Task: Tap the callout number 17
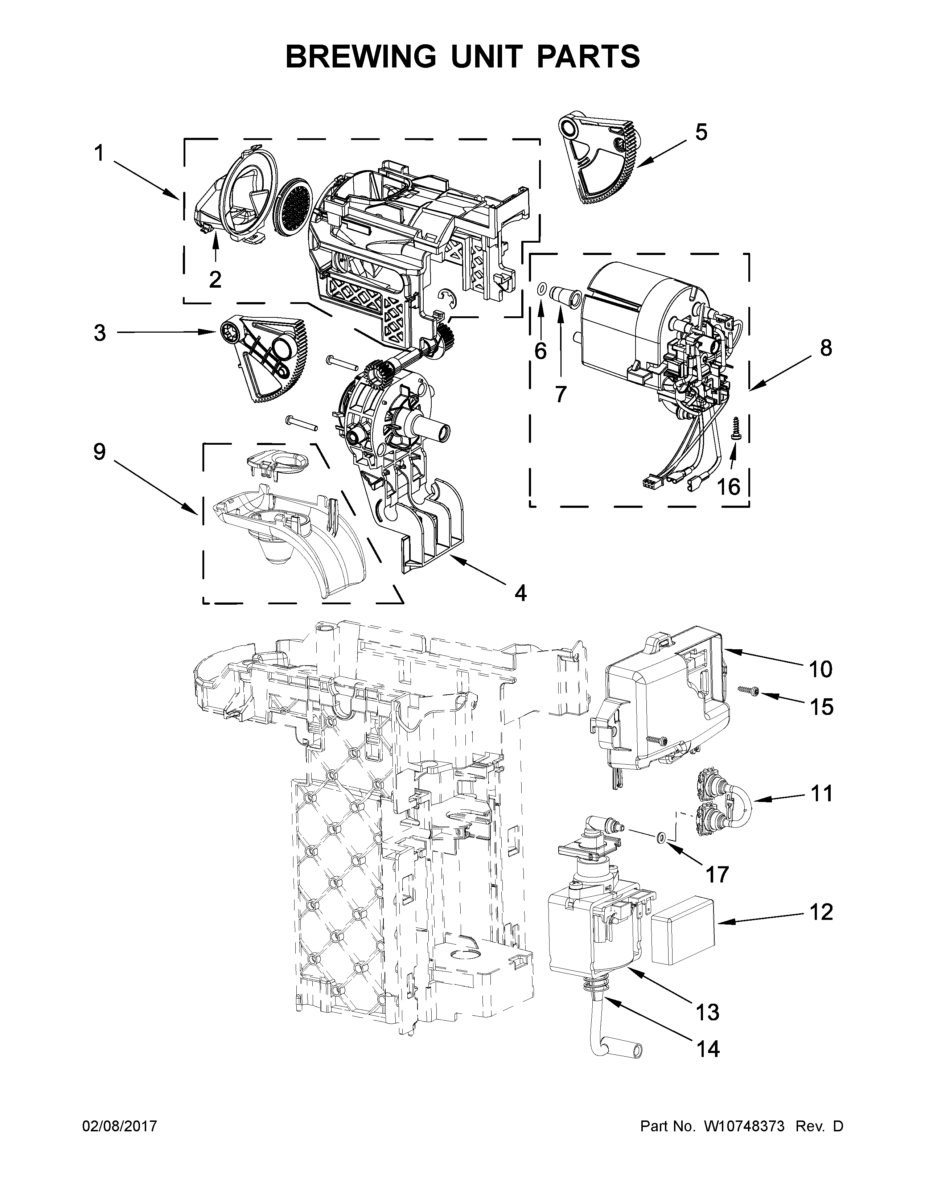tap(717, 875)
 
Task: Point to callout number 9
tap(99, 452)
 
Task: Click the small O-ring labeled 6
tap(540, 289)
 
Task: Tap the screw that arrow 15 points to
tap(747, 693)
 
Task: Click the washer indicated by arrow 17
tap(661, 837)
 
